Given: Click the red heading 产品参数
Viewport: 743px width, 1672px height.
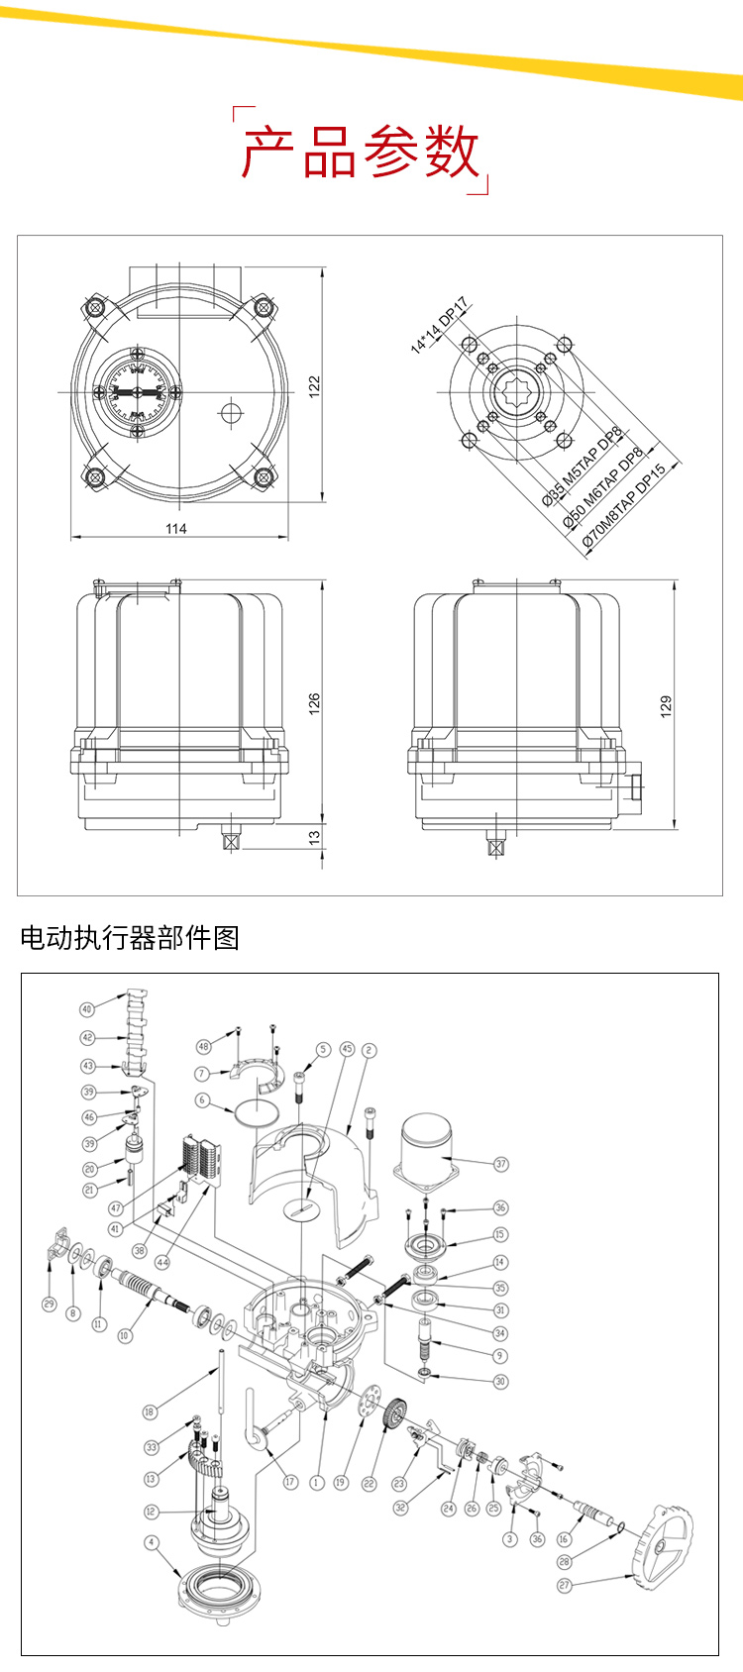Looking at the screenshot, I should point(361,152).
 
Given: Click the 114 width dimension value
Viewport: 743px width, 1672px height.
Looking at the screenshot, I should point(176,528).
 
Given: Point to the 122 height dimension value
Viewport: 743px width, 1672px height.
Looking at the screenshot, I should point(314,384).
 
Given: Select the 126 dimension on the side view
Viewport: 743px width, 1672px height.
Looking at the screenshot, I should point(314,703).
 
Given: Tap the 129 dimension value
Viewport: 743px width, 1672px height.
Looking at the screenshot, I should point(666,705).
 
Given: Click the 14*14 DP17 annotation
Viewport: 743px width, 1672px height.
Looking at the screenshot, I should point(439,325).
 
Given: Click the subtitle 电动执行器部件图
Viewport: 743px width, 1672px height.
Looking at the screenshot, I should point(130,937).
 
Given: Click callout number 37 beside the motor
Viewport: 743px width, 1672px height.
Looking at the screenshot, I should point(501,1164).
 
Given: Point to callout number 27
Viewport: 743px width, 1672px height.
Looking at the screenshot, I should point(565,1585).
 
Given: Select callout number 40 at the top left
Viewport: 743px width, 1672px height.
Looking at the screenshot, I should point(87,1009).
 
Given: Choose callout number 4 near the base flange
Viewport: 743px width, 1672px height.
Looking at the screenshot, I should point(152,1542).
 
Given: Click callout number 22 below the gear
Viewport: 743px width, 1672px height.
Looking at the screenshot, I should point(370,1483).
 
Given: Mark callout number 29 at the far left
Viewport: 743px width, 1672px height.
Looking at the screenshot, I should point(50,1305).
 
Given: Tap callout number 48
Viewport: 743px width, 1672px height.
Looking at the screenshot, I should point(204,1047).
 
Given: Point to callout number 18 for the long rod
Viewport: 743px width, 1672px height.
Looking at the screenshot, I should point(150,1411).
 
